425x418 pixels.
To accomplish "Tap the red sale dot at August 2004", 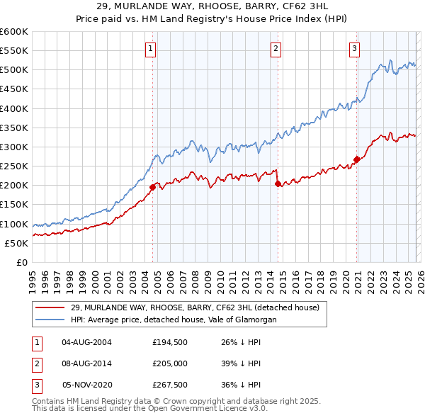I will tap(152, 188).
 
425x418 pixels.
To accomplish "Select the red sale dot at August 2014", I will tap(278, 183).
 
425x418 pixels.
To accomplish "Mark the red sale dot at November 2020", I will tap(356, 159).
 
